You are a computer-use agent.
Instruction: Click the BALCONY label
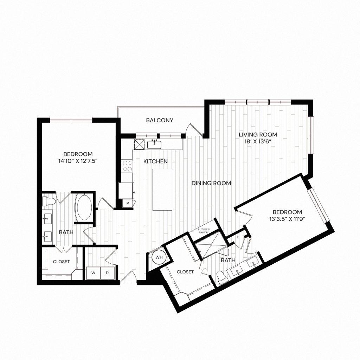[160, 120]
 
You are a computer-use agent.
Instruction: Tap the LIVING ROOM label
[258, 134]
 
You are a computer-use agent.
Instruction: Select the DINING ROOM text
[211, 183]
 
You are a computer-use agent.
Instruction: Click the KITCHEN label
[155, 161]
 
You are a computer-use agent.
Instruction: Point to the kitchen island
[162, 189]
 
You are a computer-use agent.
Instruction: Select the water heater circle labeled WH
[159, 257]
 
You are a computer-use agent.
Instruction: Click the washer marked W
[94, 273]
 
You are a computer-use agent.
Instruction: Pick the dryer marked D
[108, 273]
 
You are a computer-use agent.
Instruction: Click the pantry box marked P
[127, 204]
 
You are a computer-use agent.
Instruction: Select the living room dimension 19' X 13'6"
[258, 141]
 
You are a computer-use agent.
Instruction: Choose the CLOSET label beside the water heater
[185, 272]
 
